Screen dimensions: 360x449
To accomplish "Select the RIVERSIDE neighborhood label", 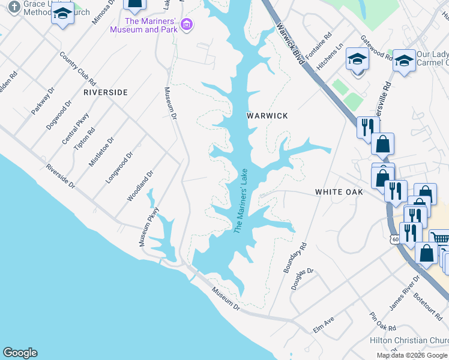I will click(x=106, y=92).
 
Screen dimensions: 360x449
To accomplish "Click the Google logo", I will click(x=20, y=353).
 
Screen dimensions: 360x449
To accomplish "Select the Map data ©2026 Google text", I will click(x=412, y=355).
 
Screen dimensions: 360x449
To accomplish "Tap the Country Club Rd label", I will click(x=78, y=67).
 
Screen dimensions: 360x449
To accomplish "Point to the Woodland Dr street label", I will click(x=140, y=185).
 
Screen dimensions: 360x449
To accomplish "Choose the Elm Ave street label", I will click(x=323, y=326).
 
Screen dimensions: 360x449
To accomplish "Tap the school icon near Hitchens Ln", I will click(x=357, y=59).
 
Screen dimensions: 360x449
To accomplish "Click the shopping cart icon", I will click(x=441, y=239).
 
